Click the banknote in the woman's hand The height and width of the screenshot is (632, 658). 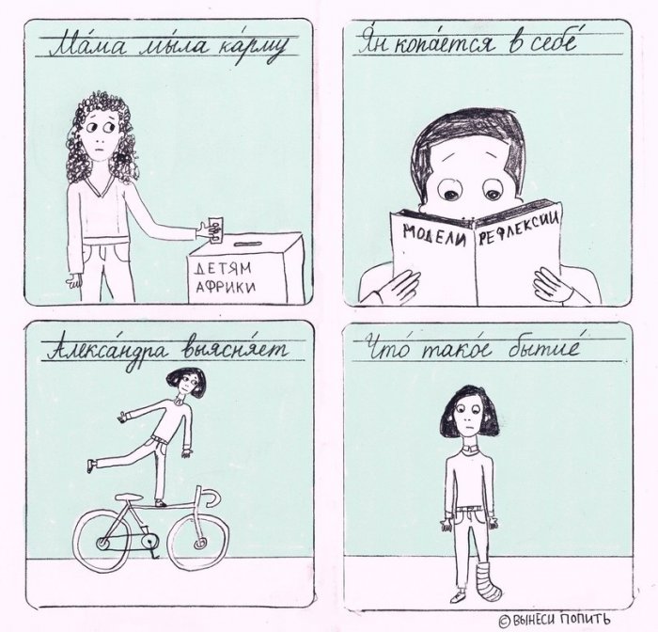215,229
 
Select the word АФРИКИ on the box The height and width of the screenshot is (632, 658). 226,287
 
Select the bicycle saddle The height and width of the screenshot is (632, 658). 129,498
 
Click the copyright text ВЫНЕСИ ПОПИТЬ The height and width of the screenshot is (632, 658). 555,619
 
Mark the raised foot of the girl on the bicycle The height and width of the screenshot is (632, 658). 91,465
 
